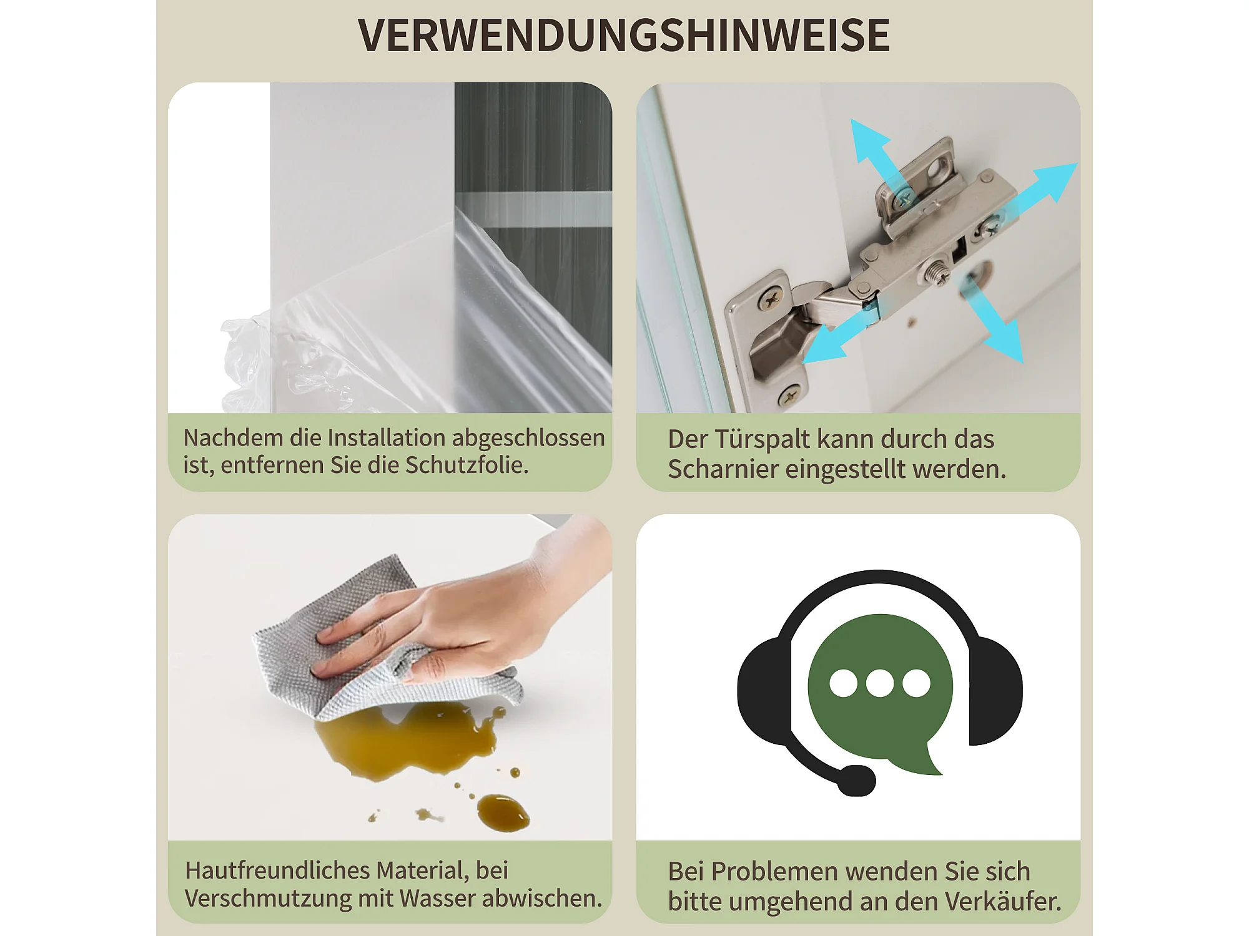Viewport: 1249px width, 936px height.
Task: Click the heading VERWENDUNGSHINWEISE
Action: coord(624,35)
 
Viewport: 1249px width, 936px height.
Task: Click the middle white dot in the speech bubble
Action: coord(880,683)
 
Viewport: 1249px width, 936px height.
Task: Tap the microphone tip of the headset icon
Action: coord(856,781)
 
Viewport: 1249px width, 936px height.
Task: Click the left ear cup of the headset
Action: coord(764,690)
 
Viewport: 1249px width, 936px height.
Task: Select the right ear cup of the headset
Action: coord(995,690)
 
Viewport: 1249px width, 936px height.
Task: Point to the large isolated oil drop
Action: coord(503,813)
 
